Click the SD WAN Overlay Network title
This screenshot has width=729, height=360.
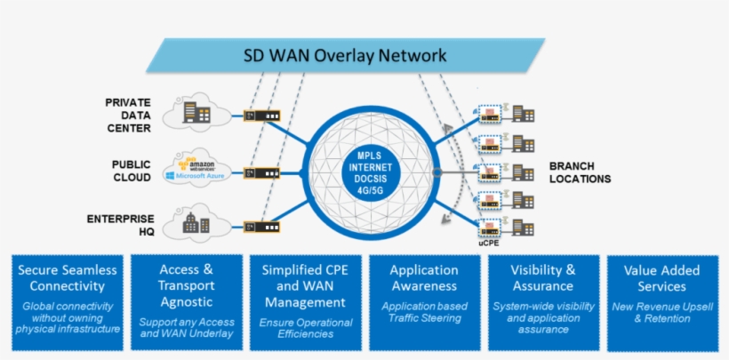tap(345, 55)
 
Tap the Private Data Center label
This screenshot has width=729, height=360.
tap(129, 115)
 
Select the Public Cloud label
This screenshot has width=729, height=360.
tap(131, 172)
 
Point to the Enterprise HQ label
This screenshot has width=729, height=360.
tap(121, 225)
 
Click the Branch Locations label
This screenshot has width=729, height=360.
tap(580, 172)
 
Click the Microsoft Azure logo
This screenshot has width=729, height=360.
tap(197, 177)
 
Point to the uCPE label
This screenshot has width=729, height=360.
tap(488, 241)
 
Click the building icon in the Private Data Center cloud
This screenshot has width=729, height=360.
tap(196, 112)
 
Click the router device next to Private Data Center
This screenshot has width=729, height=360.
tap(261, 116)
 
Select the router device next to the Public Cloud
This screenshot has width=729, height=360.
tap(261, 171)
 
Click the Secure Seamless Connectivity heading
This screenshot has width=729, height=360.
tap(68, 278)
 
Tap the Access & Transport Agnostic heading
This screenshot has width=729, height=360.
tap(186, 278)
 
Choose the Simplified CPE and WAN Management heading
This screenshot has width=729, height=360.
tap(305, 286)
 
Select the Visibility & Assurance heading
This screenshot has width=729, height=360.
tap(542, 278)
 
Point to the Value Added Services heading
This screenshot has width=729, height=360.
tap(661, 278)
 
